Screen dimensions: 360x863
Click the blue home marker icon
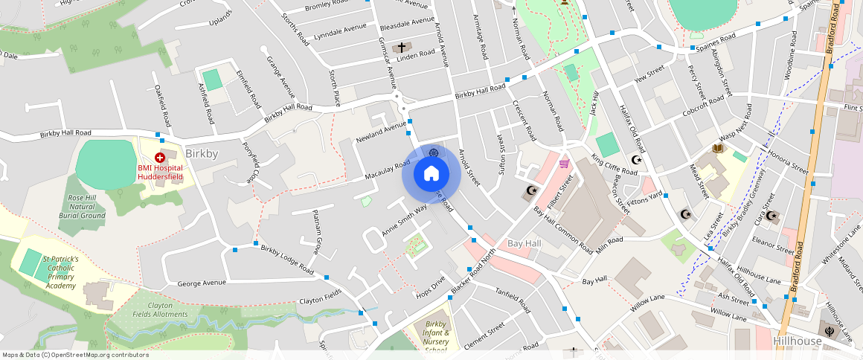tap(431, 174)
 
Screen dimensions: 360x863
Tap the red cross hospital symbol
tap(159, 158)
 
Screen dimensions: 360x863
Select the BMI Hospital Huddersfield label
tap(160, 173)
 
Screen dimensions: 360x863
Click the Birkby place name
tap(202, 154)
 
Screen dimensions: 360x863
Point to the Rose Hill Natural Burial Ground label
tap(82, 206)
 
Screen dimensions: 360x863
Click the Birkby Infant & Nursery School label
tap(436, 336)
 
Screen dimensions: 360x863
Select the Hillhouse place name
tap(798, 341)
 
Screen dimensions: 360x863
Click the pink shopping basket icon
tap(564, 163)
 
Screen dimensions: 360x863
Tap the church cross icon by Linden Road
tap(402, 47)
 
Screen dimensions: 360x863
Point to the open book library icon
tap(718, 149)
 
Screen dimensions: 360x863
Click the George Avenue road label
tap(202, 283)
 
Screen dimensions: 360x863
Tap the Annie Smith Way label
tap(405, 220)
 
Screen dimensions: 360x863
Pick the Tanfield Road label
tap(512, 301)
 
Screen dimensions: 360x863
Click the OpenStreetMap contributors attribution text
tap(76, 355)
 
